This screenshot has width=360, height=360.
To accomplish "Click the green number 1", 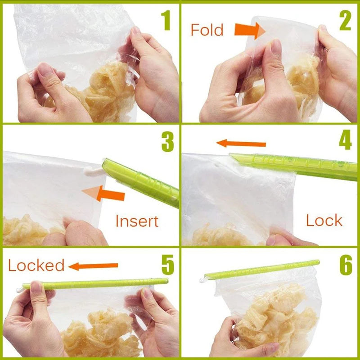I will (x=166, y=21).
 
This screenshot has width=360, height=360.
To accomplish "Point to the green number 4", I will (x=346, y=141).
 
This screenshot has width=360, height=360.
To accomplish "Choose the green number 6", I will (x=346, y=265).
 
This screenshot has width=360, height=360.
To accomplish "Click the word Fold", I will (x=207, y=30).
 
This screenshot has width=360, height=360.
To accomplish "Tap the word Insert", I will (x=137, y=221).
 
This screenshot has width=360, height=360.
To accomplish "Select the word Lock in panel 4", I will (x=324, y=220).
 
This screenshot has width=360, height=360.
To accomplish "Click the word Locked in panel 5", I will (x=36, y=265).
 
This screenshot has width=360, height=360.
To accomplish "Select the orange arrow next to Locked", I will (x=94, y=266).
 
